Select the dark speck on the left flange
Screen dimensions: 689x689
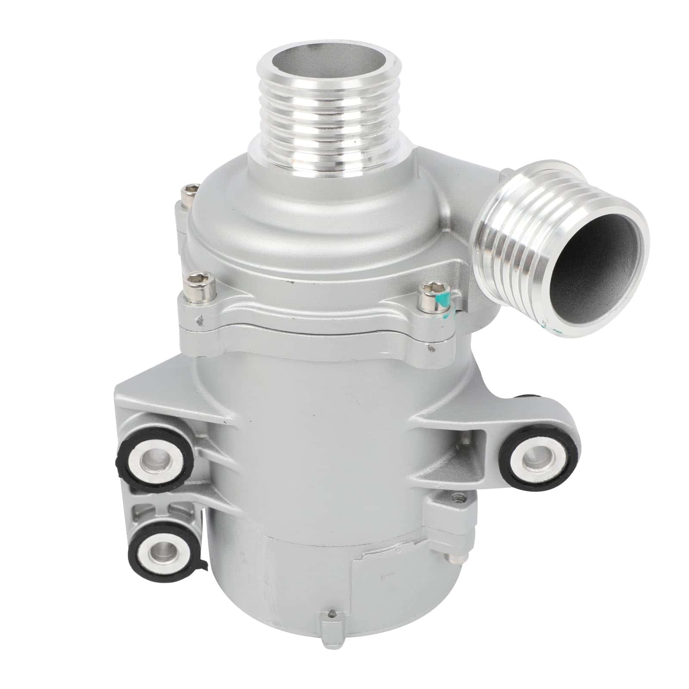click(200, 320)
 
